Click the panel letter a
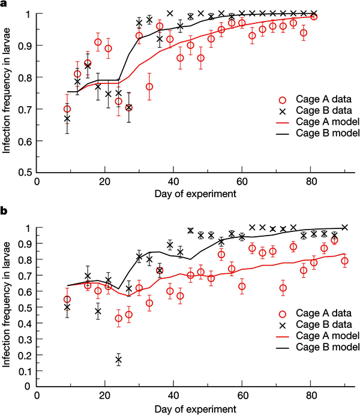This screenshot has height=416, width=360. point(5,5)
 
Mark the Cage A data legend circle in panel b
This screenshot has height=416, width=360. point(284,313)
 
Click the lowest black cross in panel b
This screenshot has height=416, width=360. point(119,360)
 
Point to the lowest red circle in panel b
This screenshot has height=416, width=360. point(119,318)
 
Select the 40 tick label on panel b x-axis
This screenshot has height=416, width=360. point(173,396)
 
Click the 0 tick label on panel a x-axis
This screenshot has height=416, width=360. point(37,182)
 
